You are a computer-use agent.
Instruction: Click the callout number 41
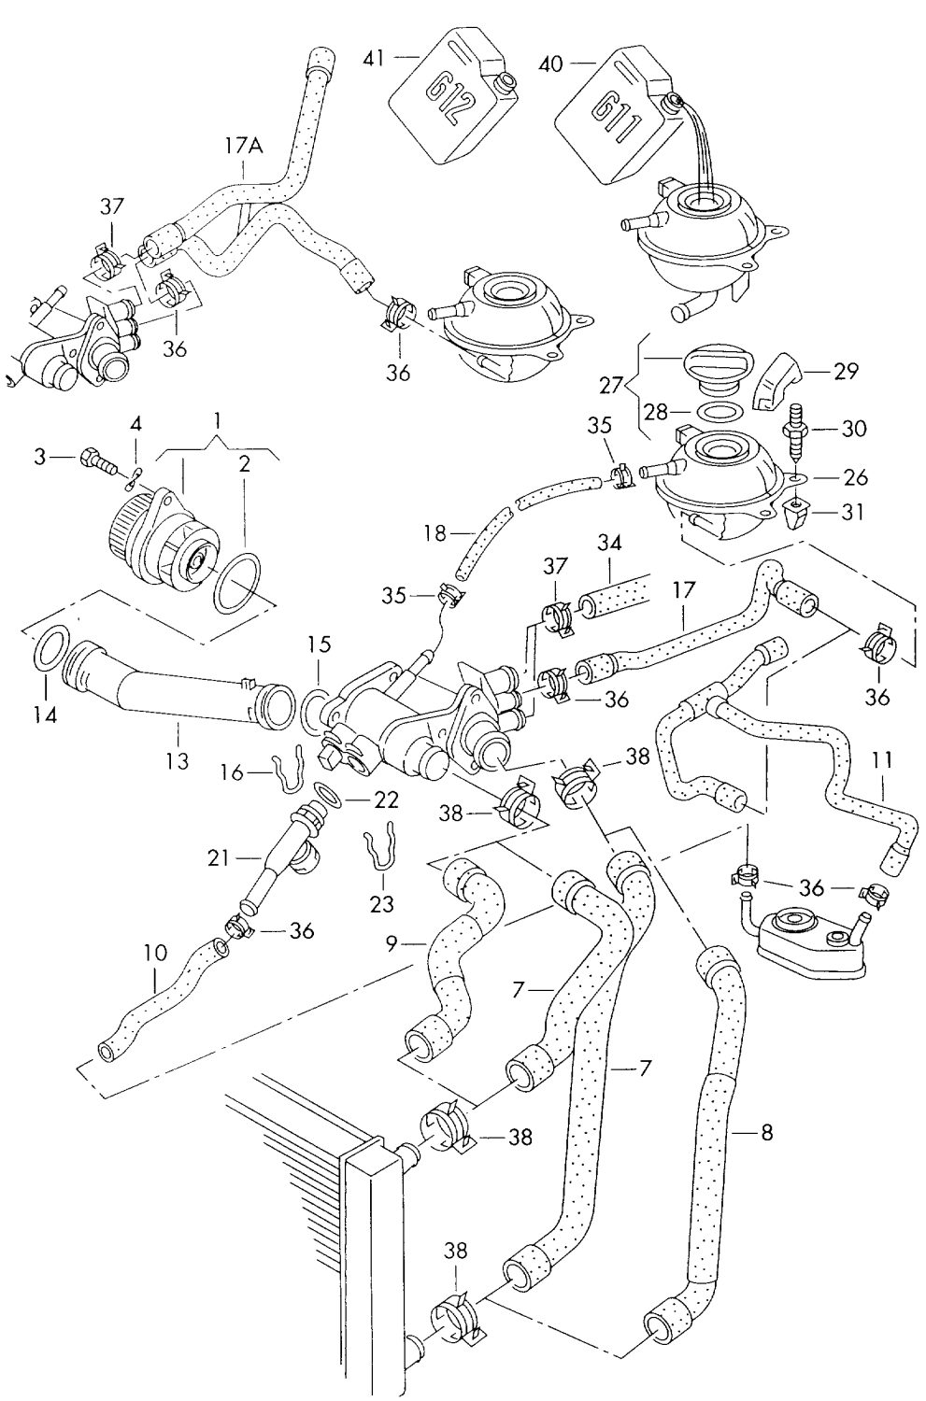click(x=374, y=58)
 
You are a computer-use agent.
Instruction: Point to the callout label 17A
click(x=244, y=146)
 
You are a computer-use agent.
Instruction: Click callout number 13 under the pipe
click(x=177, y=761)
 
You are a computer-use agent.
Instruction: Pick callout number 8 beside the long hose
click(x=765, y=1134)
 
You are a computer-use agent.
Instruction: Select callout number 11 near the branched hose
click(x=881, y=761)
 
